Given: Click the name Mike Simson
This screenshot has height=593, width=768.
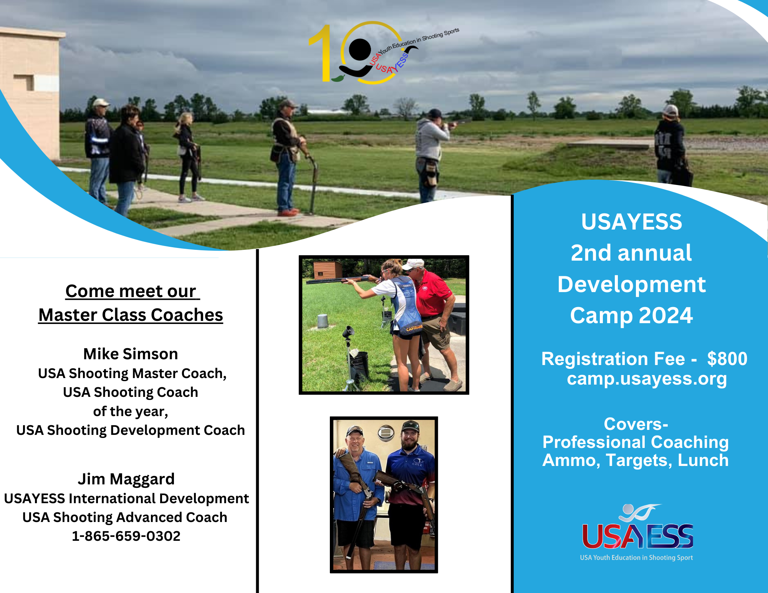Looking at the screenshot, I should pyautogui.click(x=131, y=354).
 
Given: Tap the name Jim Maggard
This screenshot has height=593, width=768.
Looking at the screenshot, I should pyautogui.click(x=126, y=479).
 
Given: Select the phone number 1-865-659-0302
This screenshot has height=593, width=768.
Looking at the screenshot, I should pyautogui.click(x=126, y=536).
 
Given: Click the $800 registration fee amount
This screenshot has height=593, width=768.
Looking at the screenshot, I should pyautogui.click(x=727, y=359).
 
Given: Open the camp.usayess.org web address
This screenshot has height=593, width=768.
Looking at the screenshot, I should pyautogui.click(x=647, y=379).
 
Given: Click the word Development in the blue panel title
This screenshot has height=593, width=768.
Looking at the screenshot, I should pyautogui.click(x=631, y=284).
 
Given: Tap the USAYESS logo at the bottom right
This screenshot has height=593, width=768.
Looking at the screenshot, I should pyautogui.click(x=637, y=528).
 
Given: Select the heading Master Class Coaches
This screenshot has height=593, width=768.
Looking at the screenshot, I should pyautogui.click(x=131, y=315).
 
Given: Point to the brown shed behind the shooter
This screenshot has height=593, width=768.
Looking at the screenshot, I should pyautogui.click(x=327, y=269).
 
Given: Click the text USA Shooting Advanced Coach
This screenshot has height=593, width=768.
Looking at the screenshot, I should pyautogui.click(x=125, y=517).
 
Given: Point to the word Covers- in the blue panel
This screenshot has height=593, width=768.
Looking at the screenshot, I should pyautogui.click(x=636, y=424).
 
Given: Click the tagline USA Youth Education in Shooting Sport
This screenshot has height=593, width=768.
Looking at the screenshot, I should pyautogui.click(x=636, y=558).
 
